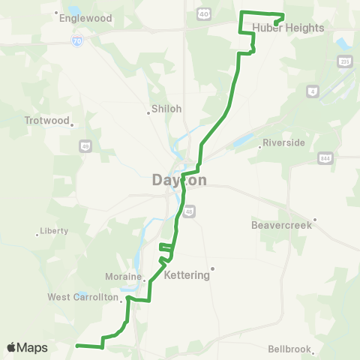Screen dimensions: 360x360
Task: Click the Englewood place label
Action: pyautogui.click(x=88, y=18)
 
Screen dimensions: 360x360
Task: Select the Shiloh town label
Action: pyautogui.click(x=166, y=109)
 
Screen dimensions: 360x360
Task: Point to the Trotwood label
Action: pyautogui.click(x=46, y=120)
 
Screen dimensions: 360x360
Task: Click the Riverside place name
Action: pyautogui.click(x=283, y=142)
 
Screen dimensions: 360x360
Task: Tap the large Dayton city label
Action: pyautogui.click(x=179, y=180)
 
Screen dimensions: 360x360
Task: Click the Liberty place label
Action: pyautogui.click(x=54, y=231)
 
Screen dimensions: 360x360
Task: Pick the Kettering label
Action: pyautogui.click(x=186, y=275)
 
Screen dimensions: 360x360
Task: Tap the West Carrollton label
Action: pyautogui.click(x=83, y=297)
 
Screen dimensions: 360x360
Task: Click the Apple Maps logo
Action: pyautogui.click(x=27, y=347)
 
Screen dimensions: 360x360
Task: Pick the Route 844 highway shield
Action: pyautogui.click(x=325, y=159)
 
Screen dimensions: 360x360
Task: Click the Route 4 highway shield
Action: pyautogui.click(x=312, y=91)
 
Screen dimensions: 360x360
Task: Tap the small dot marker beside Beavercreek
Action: pyautogui.click(x=316, y=220)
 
